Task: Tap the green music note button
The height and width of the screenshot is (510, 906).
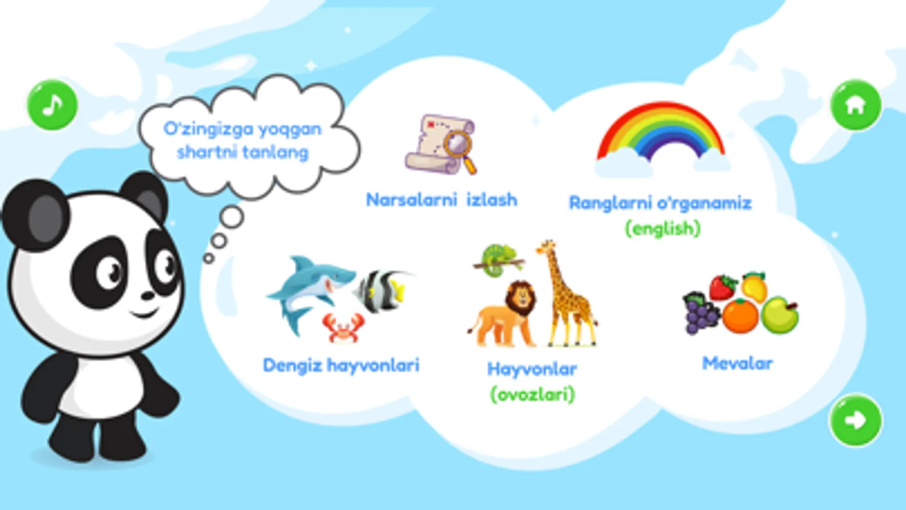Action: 52,105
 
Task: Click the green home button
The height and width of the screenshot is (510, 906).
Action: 856,105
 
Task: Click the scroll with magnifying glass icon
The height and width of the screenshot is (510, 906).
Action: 441,144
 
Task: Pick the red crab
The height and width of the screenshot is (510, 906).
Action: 343,328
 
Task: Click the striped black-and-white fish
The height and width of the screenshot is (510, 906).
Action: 382,290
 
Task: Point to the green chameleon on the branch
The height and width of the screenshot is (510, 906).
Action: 497,261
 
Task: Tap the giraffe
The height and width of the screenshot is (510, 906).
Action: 566,293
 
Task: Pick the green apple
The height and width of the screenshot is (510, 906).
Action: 780,314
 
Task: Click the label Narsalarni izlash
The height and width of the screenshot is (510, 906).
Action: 441,200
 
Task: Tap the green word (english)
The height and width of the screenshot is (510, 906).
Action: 662,228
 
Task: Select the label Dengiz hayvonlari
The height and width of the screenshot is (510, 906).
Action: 341,365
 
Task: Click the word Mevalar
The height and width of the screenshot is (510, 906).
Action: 737,363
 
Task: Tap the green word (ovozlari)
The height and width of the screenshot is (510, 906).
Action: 532,394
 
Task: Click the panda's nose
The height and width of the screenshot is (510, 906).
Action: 148,296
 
